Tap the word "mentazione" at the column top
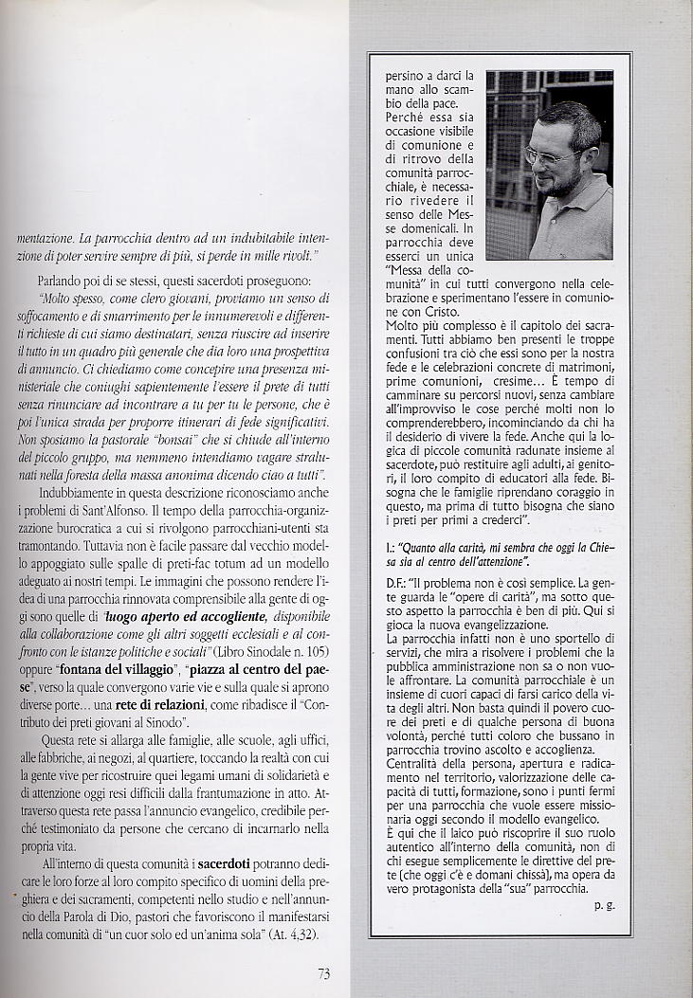[46, 237]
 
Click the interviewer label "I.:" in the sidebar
[390, 547]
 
